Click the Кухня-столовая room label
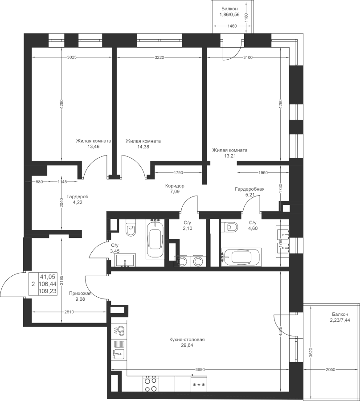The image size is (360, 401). (x=187, y=340)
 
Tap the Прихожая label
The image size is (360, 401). (x=80, y=293)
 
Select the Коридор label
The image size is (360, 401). (x=175, y=186)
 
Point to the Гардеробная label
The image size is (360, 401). (x=250, y=189)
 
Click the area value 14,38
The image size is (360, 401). (x=143, y=147)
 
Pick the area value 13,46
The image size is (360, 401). (x=93, y=147)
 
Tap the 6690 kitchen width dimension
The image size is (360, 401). (x=200, y=369)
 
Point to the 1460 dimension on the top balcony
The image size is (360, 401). (x=232, y=26)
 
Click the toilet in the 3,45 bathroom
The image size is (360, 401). (x=131, y=227)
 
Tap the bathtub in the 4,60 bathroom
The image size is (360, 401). (x=241, y=257)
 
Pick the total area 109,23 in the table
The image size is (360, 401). (x=48, y=291)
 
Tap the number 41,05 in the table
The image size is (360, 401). (x=47, y=276)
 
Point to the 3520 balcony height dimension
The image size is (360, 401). (x=311, y=352)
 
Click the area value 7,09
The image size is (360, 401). (x=175, y=191)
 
